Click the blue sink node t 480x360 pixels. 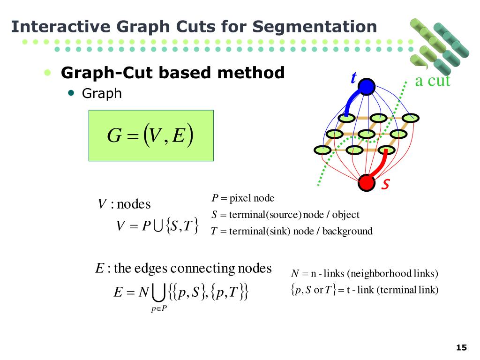(x=367, y=86)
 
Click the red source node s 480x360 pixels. (x=366, y=183)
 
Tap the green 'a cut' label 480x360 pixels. (x=432, y=81)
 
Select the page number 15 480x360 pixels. (x=461, y=347)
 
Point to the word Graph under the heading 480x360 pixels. (x=102, y=94)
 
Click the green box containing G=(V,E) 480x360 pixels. (x=151, y=135)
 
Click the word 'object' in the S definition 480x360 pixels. (x=346, y=215)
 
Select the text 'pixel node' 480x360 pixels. (x=252, y=198)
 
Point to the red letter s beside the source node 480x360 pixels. (x=385, y=184)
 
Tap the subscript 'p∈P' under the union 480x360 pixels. (x=159, y=308)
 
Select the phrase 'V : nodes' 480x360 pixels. (x=124, y=204)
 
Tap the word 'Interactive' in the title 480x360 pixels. (x=52, y=26)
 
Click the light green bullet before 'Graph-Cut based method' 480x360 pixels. (x=47, y=73)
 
